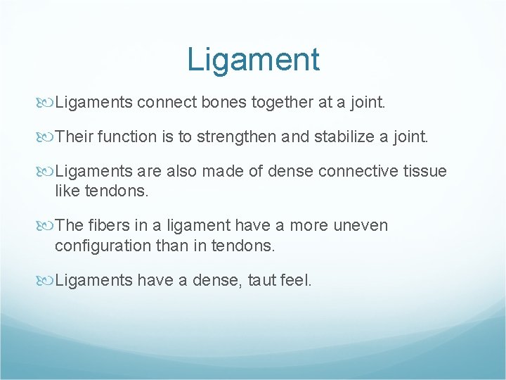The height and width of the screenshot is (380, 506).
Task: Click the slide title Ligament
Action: pyautogui.click(x=253, y=59)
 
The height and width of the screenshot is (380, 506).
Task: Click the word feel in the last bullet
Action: pyautogui.click(x=298, y=280)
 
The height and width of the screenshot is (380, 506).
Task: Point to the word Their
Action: pyautogui.click(x=74, y=137)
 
